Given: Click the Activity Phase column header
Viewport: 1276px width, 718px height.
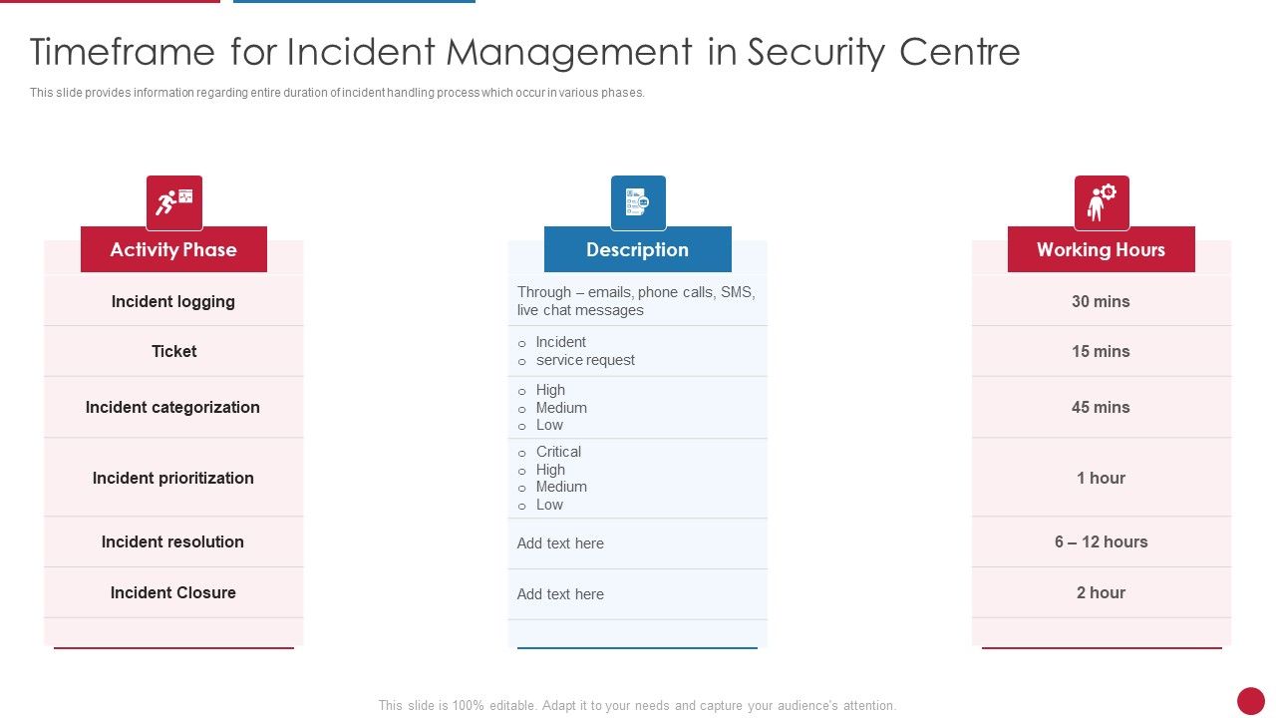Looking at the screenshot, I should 173,249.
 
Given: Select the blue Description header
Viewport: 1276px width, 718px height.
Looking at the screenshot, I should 637,249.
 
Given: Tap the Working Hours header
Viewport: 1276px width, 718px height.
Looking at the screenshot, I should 1101,249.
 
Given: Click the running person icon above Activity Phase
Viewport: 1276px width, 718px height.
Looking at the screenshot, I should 174,202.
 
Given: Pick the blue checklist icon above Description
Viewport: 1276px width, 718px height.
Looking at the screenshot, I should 638,202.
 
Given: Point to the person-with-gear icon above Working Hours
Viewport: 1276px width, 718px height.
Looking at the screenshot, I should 1102,202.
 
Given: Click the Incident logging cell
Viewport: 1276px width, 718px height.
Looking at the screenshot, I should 173,301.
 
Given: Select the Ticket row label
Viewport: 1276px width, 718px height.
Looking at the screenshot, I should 173,351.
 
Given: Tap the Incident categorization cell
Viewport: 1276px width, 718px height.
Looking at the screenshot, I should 172,407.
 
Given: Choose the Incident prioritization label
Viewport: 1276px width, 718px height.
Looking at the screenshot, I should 173,478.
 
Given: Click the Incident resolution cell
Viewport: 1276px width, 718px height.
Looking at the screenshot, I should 172,541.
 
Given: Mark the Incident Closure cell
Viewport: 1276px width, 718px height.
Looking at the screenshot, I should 173,592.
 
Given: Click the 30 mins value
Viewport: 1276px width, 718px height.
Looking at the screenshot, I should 1101,301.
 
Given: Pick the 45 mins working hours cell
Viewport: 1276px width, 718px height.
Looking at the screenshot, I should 1101,407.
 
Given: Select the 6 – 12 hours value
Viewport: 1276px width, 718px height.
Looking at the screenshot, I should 1101,541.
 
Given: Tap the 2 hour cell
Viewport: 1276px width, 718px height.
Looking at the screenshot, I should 1101,592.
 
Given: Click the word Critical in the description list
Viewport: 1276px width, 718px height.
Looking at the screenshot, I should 558,452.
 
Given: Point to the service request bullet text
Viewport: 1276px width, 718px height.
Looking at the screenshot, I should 585,360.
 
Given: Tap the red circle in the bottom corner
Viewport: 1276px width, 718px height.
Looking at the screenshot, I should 1250,701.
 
